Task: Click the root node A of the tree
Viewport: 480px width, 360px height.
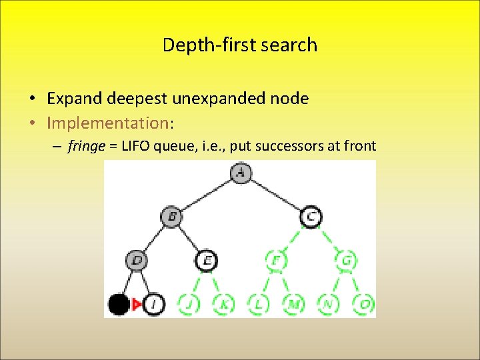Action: [x=241, y=173]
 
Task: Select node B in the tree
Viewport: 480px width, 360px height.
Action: [x=171, y=216]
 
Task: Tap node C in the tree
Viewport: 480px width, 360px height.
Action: [x=311, y=216]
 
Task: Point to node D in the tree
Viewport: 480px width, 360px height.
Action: [x=137, y=260]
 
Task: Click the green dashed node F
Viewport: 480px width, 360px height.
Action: [x=275, y=260]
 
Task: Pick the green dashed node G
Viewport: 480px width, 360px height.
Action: [x=345, y=260]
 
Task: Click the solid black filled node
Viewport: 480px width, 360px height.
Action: [x=119, y=305]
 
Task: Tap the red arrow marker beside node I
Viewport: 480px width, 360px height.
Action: [x=137, y=305]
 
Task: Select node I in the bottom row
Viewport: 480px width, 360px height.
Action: [x=154, y=305]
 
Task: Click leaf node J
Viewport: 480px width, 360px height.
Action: [x=189, y=305]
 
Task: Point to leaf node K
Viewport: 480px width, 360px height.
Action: [x=223, y=305]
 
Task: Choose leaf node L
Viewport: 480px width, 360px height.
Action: [x=258, y=305]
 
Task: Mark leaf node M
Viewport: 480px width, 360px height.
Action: [x=293, y=305]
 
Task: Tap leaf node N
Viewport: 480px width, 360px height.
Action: [x=328, y=305]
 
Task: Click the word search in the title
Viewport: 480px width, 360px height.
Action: [x=290, y=45]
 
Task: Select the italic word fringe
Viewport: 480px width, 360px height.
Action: [x=86, y=146]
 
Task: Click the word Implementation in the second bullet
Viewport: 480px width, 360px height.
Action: [x=108, y=122]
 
